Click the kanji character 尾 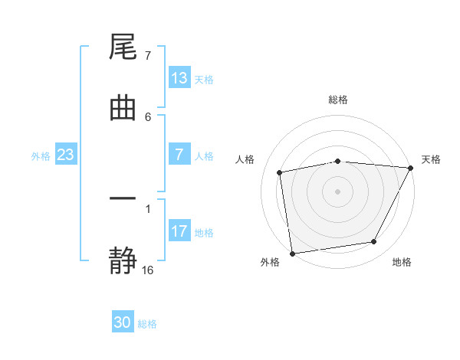(x=123, y=49)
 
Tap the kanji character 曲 (x=123, y=108)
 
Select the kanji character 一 (x=123, y=199)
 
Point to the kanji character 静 (x=123, y=259)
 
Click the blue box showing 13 (x=179, y=78)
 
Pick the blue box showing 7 (x=179, y=155)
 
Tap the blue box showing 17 (x=179, y=231)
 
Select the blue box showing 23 (x=66, y=155)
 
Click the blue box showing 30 (x=123, y=322)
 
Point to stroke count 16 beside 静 (x=148, y=270)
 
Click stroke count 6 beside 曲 (x=148, y=116)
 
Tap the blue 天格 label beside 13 (x=203, y=79)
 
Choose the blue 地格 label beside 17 (x=203, y=232)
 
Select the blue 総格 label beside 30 (x=147, y=324)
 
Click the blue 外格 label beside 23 (x=41, y=156)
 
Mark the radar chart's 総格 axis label (x=338, y=100)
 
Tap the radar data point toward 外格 (x=292, y=253)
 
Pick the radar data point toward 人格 (x=280, y=172)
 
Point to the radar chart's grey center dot (x=338, y=191)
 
